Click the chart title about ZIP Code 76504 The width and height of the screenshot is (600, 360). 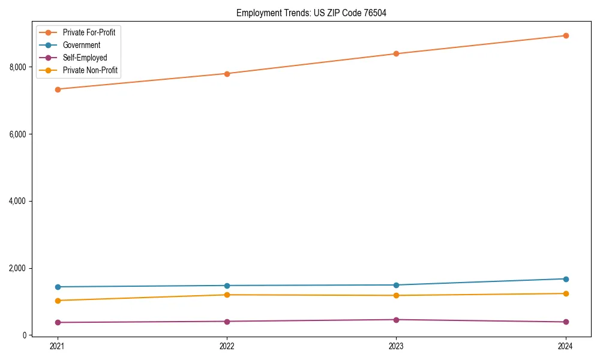tap(307, 13)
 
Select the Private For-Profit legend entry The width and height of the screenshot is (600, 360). tap(89, 32)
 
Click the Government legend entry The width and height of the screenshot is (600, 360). tap(82, 45)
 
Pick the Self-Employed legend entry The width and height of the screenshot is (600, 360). tap(85, 58)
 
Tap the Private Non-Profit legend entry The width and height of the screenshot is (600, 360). tap(90, 71)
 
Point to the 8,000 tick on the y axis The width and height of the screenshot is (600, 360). tap(17, 67)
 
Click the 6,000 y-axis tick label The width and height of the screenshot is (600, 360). tap(17, 134)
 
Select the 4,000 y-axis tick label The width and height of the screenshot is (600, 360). tap(17, 201)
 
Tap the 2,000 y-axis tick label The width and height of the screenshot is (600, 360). tap(17, 268)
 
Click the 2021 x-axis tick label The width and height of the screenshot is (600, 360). tap(58, 346)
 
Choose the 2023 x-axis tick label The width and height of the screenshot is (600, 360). tap(396, 346)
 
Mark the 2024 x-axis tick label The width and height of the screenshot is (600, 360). tap(565, 346)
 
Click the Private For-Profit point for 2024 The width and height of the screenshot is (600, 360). tap(565, 35)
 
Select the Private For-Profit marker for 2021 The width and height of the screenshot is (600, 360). tap(58, 89)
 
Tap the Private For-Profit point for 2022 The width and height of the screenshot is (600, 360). tap(227, 74)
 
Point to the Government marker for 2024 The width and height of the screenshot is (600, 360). tap(565, 279)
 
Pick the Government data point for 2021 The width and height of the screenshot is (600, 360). tap(58, 287)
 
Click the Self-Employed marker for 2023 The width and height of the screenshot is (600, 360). tap(396, 320)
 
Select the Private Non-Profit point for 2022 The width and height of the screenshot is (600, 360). tap(227, 295)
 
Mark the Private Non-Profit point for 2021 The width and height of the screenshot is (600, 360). tap(58, 301)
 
